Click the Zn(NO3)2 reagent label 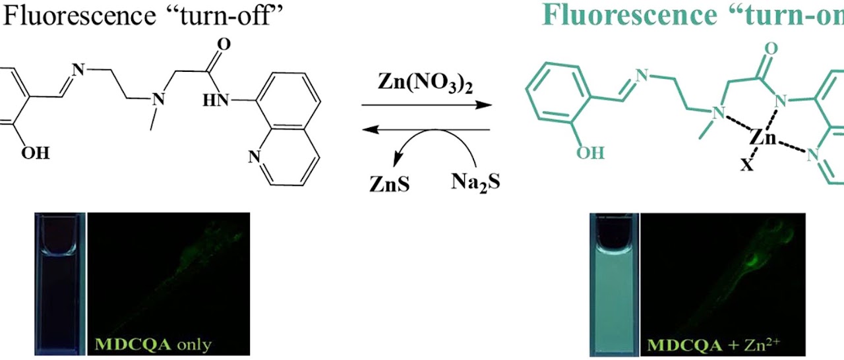click(x=426, y=83)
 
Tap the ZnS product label click(x=389, y=184)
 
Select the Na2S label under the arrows click(x=475, y=183)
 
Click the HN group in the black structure click(x=216, y=100)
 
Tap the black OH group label click(x=36, y=153)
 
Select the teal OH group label click(x=590, y=153)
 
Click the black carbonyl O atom click(x=224, y=44)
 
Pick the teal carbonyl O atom click(x=771, y=49)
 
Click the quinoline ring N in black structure click(x=255, y=157)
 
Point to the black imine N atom click(x=78, y=70)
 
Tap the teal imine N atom click(x=642, y=76)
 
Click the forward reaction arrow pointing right click(x=427, y=105)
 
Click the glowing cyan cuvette click(x=614, y=285)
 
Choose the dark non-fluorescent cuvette click(x=60, y=284)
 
